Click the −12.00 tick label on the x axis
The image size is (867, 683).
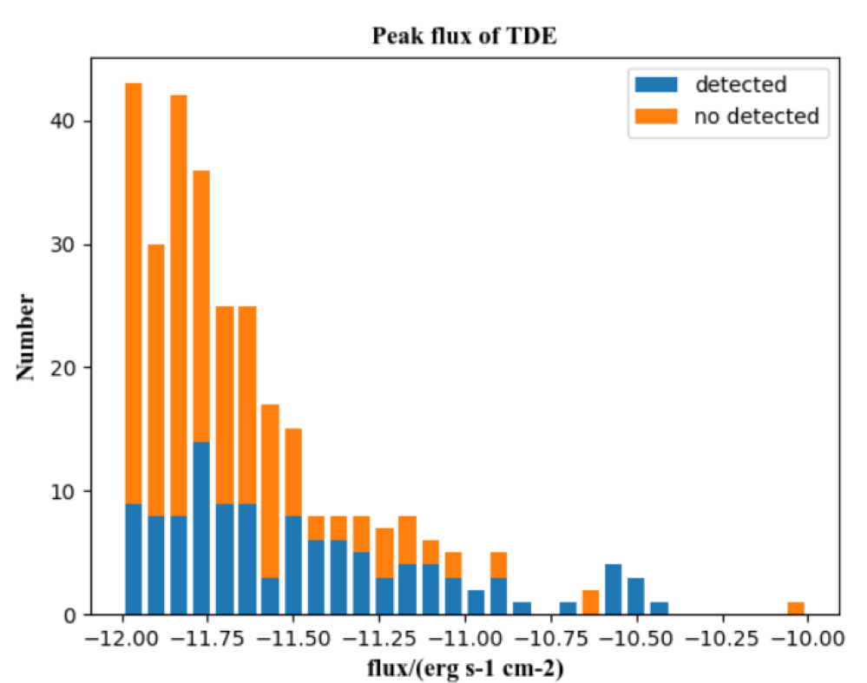point(123,638)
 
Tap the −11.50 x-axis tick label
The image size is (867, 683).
point(295,638)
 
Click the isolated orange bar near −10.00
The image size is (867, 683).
point(796,608)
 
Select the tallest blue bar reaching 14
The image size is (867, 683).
point(201,529)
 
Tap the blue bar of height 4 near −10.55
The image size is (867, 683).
point(613,590)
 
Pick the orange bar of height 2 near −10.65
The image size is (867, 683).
point(590,602)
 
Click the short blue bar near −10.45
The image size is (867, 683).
point(659,608)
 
